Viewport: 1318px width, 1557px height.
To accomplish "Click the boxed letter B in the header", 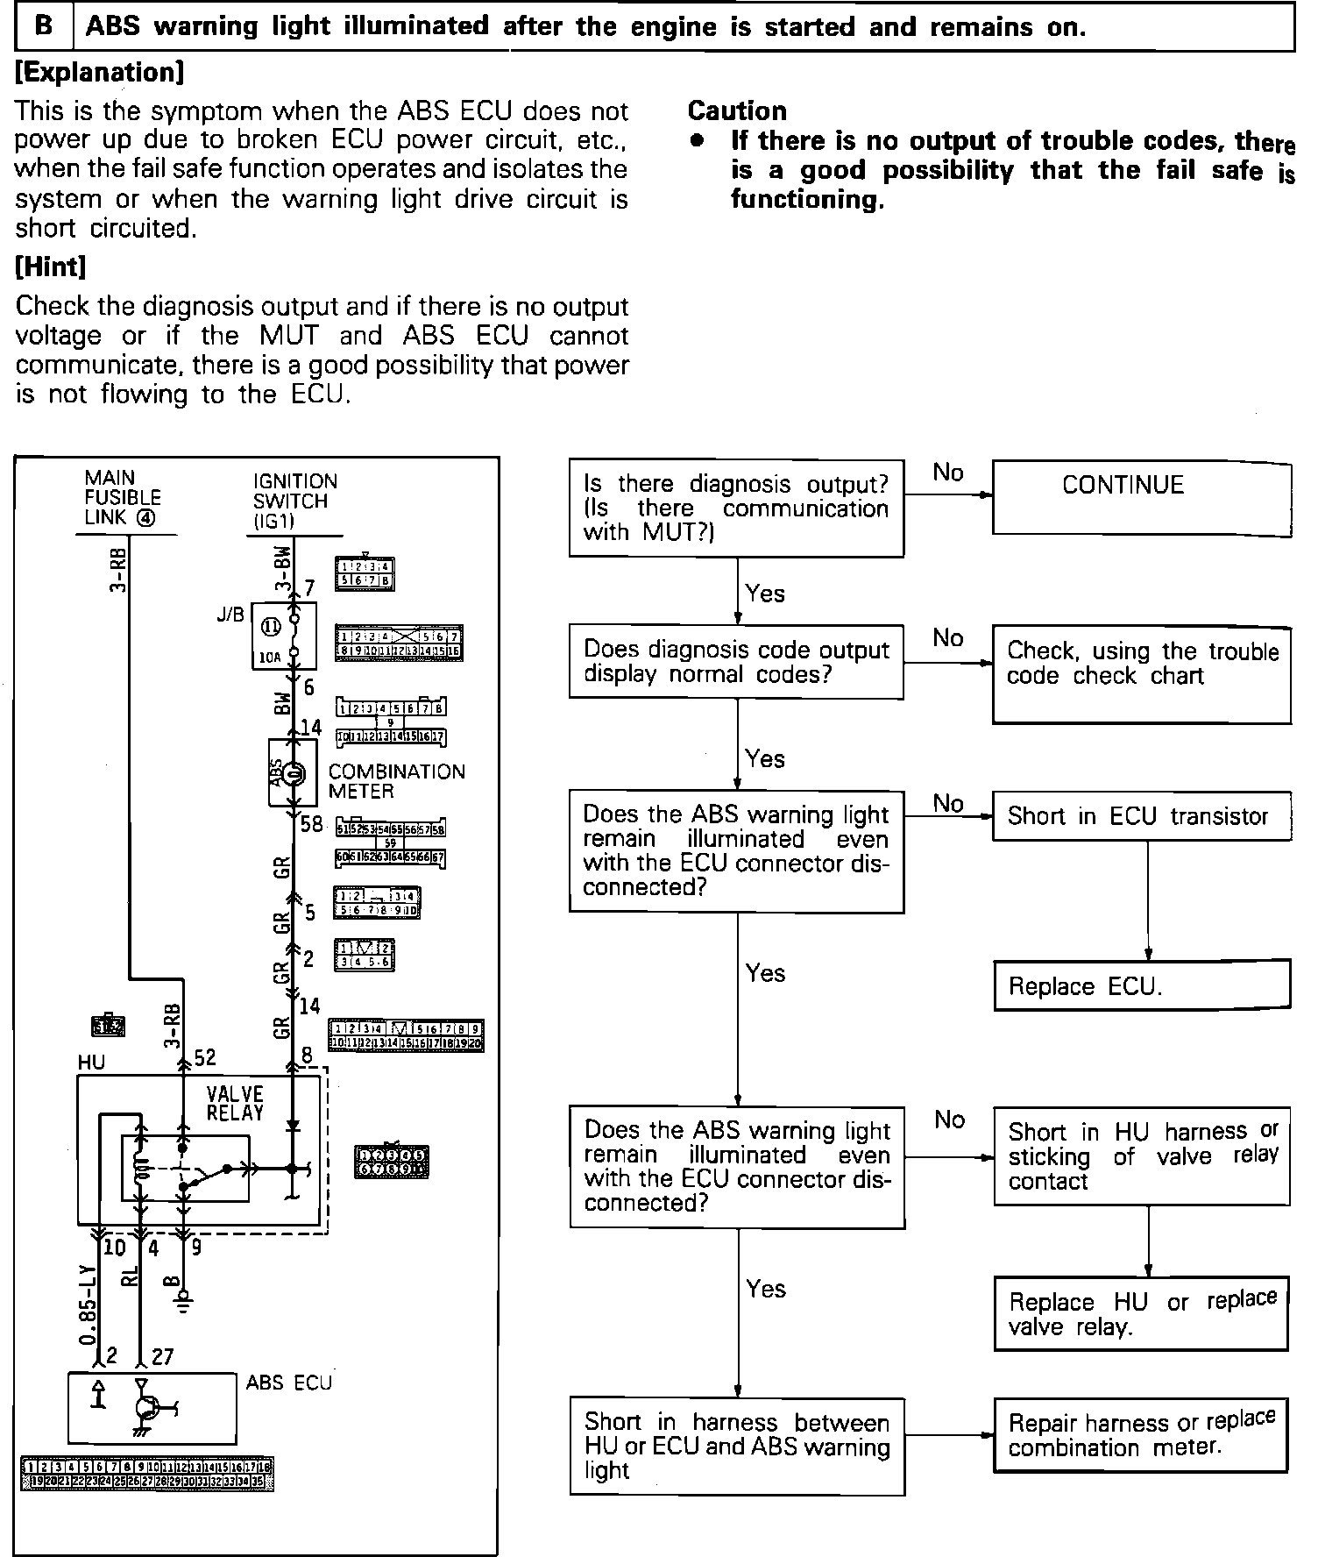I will (x=43, y=26).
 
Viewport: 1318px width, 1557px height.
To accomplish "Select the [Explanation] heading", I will (x=99, y=72).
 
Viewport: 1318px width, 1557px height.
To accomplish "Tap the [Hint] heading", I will (x=51, y=267).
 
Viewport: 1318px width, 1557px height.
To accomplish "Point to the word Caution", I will (x=737, y=110).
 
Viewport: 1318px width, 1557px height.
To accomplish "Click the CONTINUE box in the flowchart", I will (x=1141, y=498).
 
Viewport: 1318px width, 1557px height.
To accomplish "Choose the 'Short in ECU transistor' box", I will (x=1141, y=816).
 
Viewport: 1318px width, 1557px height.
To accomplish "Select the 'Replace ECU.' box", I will (x=1141, y=985).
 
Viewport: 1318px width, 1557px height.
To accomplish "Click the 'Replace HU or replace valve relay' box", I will (x=1141, y=1312).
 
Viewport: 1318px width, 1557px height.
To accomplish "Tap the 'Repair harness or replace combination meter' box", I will (x=1141, y=1434).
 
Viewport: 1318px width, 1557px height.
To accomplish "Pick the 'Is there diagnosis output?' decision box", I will (x=736, y=508).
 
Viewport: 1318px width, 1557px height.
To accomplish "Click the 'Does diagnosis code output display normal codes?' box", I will (x=736, y=662).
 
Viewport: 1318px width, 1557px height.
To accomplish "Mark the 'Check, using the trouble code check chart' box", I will (x=1141, y=674).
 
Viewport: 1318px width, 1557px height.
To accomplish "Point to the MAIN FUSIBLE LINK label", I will (x=122, y=498).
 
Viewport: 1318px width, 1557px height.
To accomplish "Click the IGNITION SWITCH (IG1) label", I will (x=294, y=501).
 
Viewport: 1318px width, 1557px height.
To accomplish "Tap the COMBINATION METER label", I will (x=396, y=781).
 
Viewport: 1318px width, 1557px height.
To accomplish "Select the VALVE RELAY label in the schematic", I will (x=235, y=1103).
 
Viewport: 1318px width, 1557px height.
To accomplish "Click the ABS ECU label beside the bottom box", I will (x=289, y=1383).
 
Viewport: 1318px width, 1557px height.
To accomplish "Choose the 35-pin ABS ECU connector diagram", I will (x=146, y=1475).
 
